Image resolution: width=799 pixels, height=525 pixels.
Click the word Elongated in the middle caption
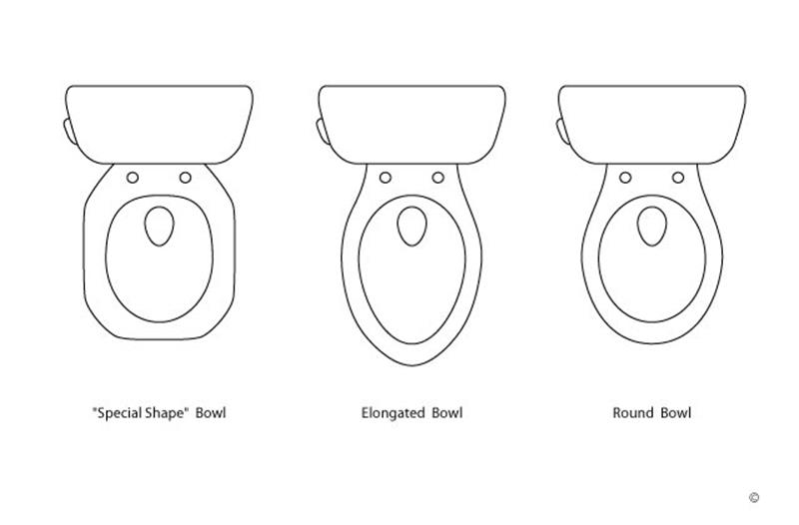[391, 413]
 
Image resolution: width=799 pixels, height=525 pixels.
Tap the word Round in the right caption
[633, 412]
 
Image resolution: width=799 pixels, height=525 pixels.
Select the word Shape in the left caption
[164, 413]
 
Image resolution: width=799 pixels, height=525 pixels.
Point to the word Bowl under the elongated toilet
[447, 412]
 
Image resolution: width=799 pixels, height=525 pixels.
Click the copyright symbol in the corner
[754, 497]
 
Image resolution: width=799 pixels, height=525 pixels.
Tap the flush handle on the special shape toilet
[69, 131]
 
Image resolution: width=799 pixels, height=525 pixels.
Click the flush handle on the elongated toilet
[322, 131]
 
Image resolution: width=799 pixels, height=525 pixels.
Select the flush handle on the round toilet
[562, 131]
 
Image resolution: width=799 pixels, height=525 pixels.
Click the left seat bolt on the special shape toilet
[133, 178]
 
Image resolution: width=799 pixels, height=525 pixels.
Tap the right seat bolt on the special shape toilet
[186, 178]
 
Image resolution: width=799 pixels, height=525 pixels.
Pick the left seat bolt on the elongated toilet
[386, 178]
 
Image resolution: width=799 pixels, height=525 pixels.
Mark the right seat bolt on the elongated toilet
[437, 178]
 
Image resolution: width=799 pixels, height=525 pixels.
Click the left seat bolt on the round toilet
[625, 178]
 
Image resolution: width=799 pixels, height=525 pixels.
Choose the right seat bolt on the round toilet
[678, 178]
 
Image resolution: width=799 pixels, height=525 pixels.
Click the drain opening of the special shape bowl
[160, 227]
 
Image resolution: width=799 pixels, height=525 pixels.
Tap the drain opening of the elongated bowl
[411, 227]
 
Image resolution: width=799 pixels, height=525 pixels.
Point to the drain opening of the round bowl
[652, 227]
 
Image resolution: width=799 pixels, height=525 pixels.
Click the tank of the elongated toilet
[411, 125]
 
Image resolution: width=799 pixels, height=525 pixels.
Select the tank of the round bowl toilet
[652, 125]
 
